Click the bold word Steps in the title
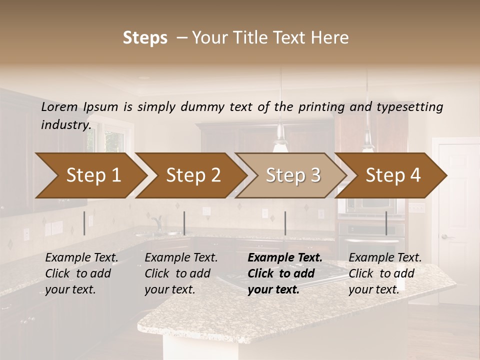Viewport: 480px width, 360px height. tap(145, 38)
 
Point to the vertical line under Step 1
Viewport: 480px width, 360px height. tap(84, 223)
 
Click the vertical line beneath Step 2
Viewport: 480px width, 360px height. tap(184, 223)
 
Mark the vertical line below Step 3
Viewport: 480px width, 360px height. tap(285, 223)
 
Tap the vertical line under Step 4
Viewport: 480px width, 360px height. tap(386, 223)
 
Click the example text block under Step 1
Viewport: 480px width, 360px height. tap(81, 273)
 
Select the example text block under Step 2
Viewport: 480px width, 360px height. tap(181, 273)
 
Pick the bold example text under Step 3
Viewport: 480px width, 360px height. tap(284, 273)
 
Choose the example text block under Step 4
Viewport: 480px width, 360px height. tap(385, 273)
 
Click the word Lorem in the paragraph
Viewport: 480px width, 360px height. tap(59, 107)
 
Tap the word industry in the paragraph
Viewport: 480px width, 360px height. tap(66, 125)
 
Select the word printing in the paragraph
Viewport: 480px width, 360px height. tap(329, 107)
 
